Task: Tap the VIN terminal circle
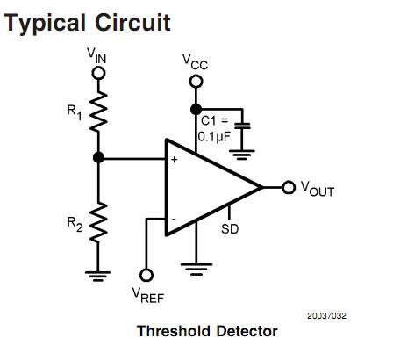point(98,74)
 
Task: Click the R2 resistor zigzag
point(98,221)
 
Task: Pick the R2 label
point(75,223)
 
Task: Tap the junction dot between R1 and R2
point(98,158)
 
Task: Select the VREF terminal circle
point(146,275)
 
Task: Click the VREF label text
point(148,297)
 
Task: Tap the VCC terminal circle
point(196,81)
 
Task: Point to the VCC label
point(196,61)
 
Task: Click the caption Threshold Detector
point(207,331)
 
